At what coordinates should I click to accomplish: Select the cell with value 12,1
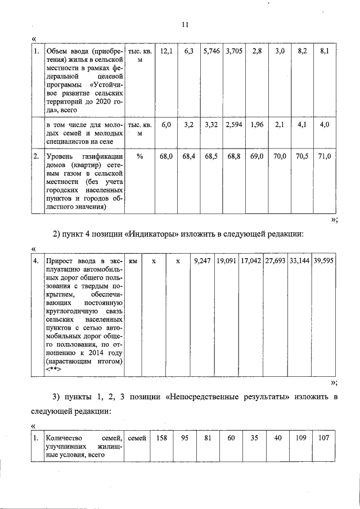pyautogui.click(x=166, y=51)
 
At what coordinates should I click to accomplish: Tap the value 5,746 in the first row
pyautogui.click(x=211, y=51)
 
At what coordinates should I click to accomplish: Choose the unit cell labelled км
pyautogui.click(x=133, y=262)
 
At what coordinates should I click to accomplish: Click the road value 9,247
pyautogui.click(x=202, y=262)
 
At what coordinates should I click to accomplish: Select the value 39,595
pyautogui.click(x=324, y=262)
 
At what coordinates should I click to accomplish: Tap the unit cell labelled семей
pyautogui.click(x=137, y=438)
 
